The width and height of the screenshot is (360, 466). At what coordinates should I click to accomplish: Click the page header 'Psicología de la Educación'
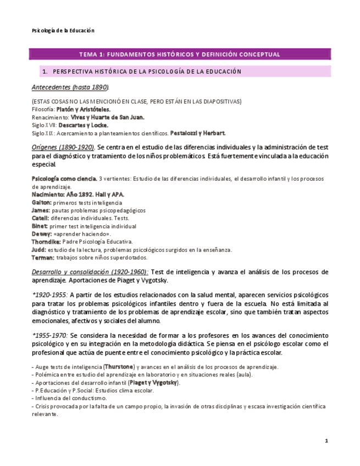(63, 31)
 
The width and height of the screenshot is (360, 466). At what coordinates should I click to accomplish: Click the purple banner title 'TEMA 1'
(180, 54)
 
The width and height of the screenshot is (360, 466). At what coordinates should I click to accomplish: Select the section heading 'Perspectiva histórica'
(147, 71)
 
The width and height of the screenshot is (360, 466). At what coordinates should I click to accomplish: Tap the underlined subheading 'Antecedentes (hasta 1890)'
(70, 87)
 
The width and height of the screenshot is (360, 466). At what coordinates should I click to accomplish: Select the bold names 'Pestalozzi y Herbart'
(197, 133)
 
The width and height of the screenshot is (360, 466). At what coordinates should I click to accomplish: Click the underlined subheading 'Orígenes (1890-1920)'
(63, 147)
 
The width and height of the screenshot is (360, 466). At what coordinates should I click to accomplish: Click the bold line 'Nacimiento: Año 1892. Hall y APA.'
(77, 195)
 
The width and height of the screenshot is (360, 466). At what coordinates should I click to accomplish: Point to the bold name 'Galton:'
(41, 202)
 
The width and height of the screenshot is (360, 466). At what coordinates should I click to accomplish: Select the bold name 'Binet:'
(40, 226)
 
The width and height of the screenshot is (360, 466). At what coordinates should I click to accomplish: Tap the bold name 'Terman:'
(43, 257)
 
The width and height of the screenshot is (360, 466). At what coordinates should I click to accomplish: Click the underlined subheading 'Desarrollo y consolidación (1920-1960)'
(90, 272)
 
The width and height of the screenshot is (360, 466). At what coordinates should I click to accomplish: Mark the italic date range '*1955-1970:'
(50, 335)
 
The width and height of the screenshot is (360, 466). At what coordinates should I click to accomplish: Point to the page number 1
(326, 441)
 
